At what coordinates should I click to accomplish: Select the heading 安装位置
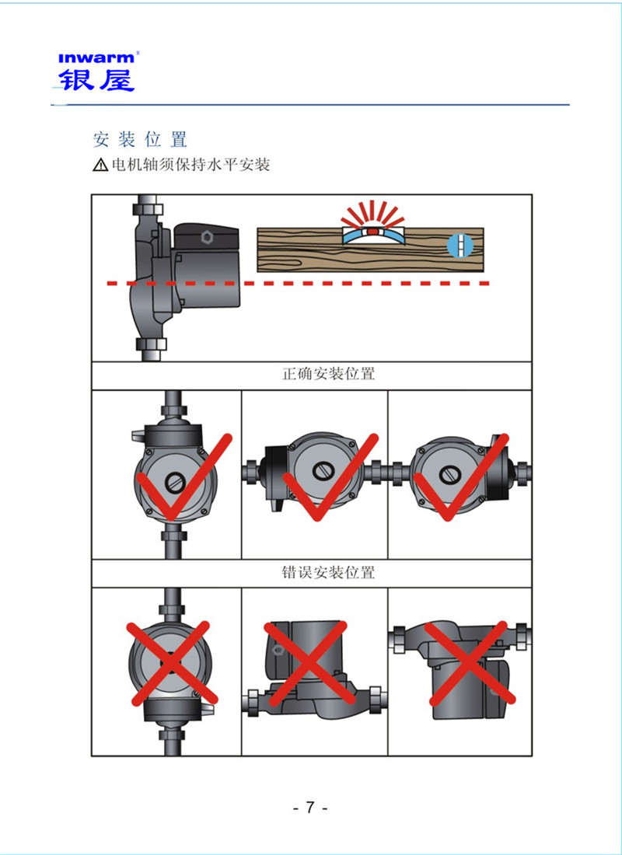tap(140, 140)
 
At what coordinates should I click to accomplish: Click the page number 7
tap(310, 807)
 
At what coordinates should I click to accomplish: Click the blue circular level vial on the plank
tap(460, 246)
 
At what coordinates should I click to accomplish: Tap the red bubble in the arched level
tap(372, 231)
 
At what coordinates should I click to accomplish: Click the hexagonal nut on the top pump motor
tap(205, 235)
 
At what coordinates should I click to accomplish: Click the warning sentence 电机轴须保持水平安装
tap(191, 166)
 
